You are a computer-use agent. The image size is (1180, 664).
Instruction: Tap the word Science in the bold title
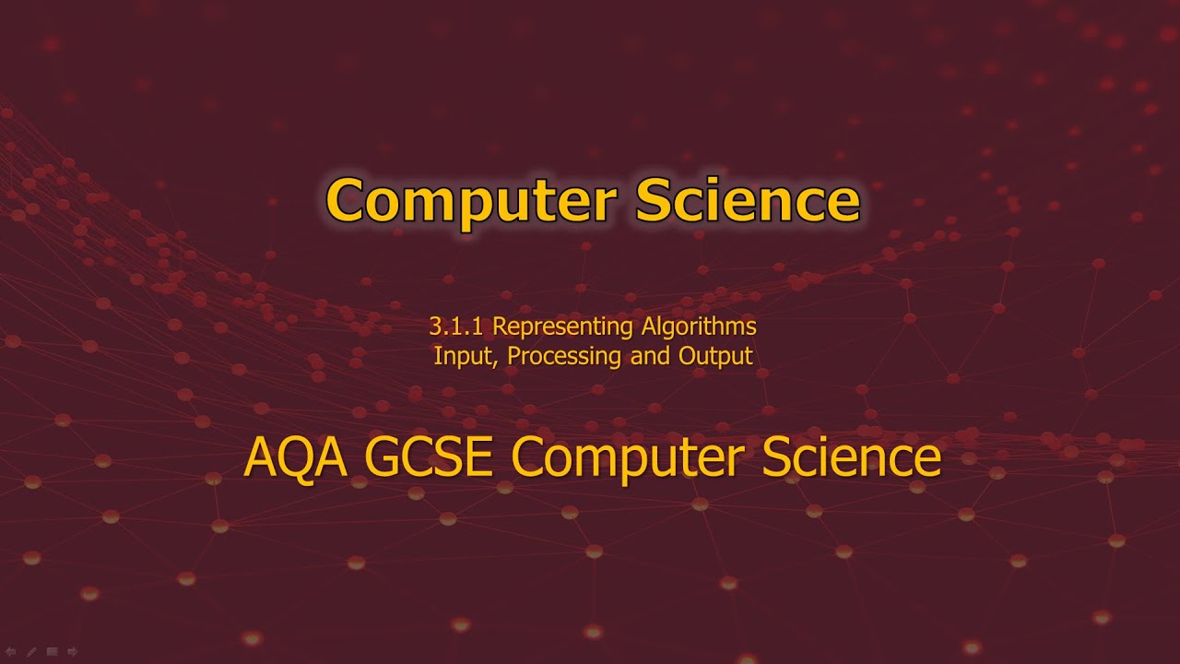pyautogui.click(x=747, y=200)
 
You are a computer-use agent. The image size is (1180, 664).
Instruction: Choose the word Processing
pyautogui.click(x=564, y=356)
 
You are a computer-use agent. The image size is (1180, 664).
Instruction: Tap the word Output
pyautogui.click(x=715, y=356)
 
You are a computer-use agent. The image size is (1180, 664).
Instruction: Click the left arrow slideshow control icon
pyautogui.click(x=11, y=652)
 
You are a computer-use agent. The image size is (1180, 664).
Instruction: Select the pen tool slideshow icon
pyautogui.click(x=31, y=652)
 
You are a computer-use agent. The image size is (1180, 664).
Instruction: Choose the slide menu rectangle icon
pyautogui.click(x=53, y=652)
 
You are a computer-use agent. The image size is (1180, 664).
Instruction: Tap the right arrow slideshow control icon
pyautogui.click(x=73, y=652)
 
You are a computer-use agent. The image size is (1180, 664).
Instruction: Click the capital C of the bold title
pyautogui.click(x=345, y=200)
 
